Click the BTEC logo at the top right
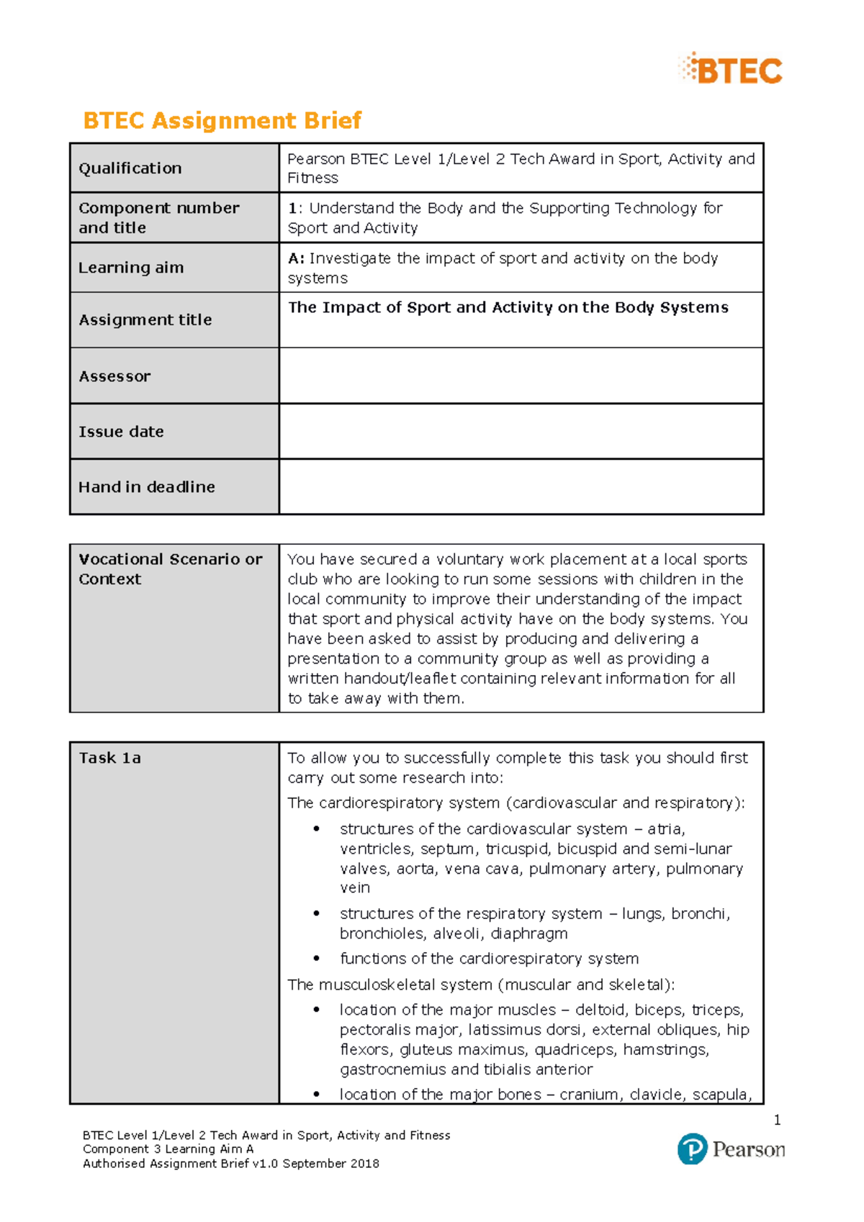(731, 69)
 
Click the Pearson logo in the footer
(731, 1149)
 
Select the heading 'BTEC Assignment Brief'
(222, 120)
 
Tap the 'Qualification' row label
(130, 168)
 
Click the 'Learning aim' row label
(131, 268)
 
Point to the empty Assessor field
(521, 376)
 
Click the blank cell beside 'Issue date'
(521, 431)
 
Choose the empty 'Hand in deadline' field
(521, 486)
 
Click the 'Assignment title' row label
(145, 320)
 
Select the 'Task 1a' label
(110, 758)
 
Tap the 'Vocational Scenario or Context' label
(171, 569)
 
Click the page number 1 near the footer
(777, 1120)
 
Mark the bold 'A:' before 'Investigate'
(296, 258)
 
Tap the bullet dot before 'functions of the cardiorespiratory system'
(316, 959)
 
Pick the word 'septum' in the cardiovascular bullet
(447, 849)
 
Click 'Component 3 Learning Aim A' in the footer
(168, 1149)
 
